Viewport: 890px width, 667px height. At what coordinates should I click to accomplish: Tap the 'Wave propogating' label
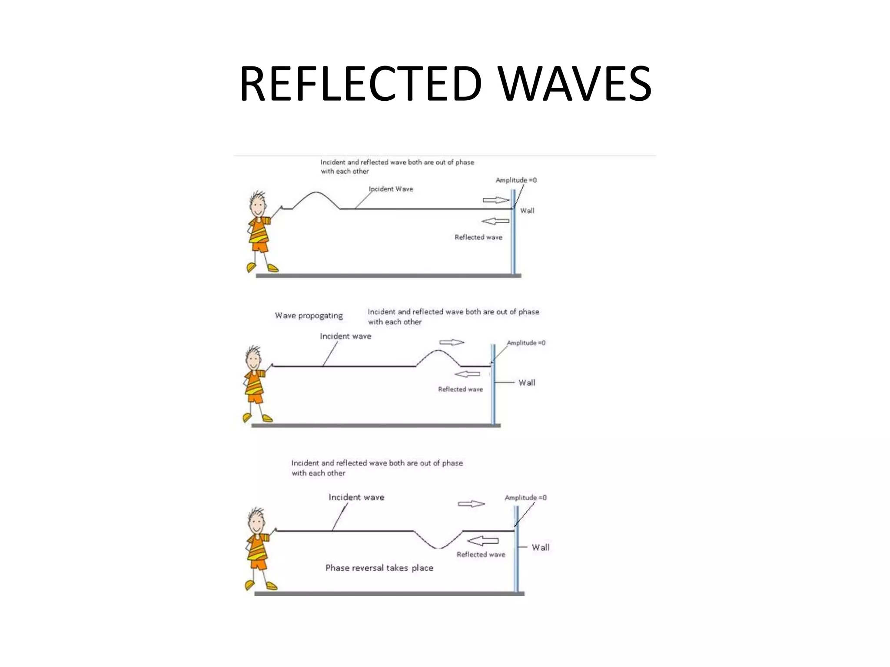[x=309, y=316]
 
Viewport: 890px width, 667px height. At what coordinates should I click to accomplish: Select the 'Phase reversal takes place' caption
[x=379, y=568]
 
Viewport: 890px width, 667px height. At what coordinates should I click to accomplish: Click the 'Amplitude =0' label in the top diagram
[x=516, y=180]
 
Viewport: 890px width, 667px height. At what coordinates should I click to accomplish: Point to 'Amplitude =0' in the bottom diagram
[x=525, y=498]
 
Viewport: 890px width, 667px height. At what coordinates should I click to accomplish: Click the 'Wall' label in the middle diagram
[x=527, y=383]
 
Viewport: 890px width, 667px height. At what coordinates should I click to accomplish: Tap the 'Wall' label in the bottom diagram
[x=541, y=548]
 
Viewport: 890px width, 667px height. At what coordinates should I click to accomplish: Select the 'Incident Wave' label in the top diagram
[x=391, y=189]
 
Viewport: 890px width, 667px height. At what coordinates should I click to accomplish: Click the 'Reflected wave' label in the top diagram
[x=478, y=237]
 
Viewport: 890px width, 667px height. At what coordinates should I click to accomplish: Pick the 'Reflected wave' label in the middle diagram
[x=460, y=390]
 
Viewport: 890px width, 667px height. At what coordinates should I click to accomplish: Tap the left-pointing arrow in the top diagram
[x=495, y=221]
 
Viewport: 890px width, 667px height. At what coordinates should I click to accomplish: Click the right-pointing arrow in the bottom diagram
[x=471, y=504]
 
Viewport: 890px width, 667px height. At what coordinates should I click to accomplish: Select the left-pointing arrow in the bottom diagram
[x=482, y=541]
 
